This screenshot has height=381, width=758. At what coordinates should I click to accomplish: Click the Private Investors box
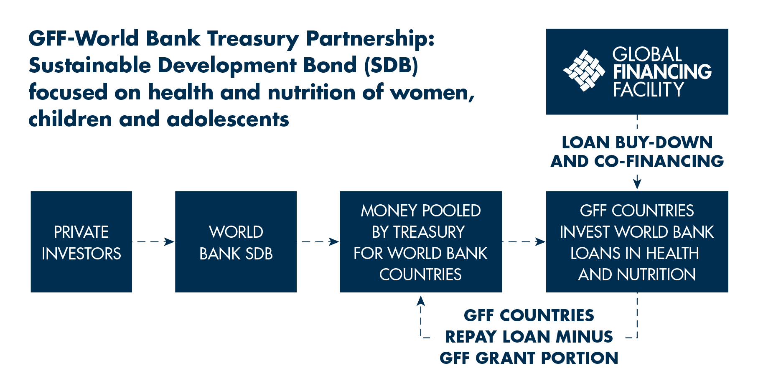coord(81,242)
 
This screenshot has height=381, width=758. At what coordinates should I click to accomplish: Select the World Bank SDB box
coord(236,242)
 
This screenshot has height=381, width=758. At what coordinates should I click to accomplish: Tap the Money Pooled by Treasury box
coord(421,242)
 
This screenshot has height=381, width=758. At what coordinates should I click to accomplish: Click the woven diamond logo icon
coord(584,71)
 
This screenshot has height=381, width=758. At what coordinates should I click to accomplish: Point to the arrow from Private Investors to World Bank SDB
coord(153,241)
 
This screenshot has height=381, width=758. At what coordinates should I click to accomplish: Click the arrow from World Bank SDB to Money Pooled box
coord(318,241)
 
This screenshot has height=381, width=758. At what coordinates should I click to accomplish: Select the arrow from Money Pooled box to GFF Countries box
coord(524,241)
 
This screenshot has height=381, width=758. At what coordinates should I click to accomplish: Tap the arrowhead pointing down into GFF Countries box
coord(637,184)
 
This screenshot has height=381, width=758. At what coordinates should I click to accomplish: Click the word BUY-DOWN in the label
coord(664,143)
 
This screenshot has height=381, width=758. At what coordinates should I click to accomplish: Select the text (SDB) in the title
coord(391,66)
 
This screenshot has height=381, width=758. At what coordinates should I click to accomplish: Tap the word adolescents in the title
coord(228,119)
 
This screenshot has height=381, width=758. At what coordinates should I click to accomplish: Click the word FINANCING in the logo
coord(662,72)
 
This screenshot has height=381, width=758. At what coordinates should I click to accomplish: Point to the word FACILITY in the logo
coord(648,89)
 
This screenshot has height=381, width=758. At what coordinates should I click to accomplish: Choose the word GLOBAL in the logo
coord(647,54)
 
